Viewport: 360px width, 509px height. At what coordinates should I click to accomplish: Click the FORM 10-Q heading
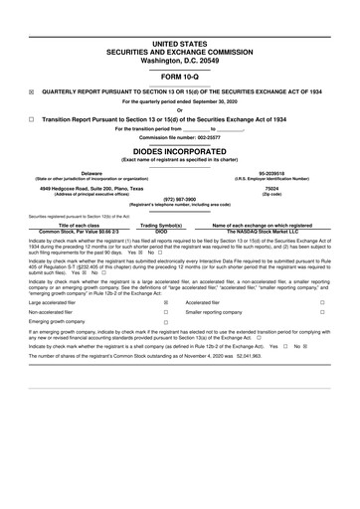pos(179,76)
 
